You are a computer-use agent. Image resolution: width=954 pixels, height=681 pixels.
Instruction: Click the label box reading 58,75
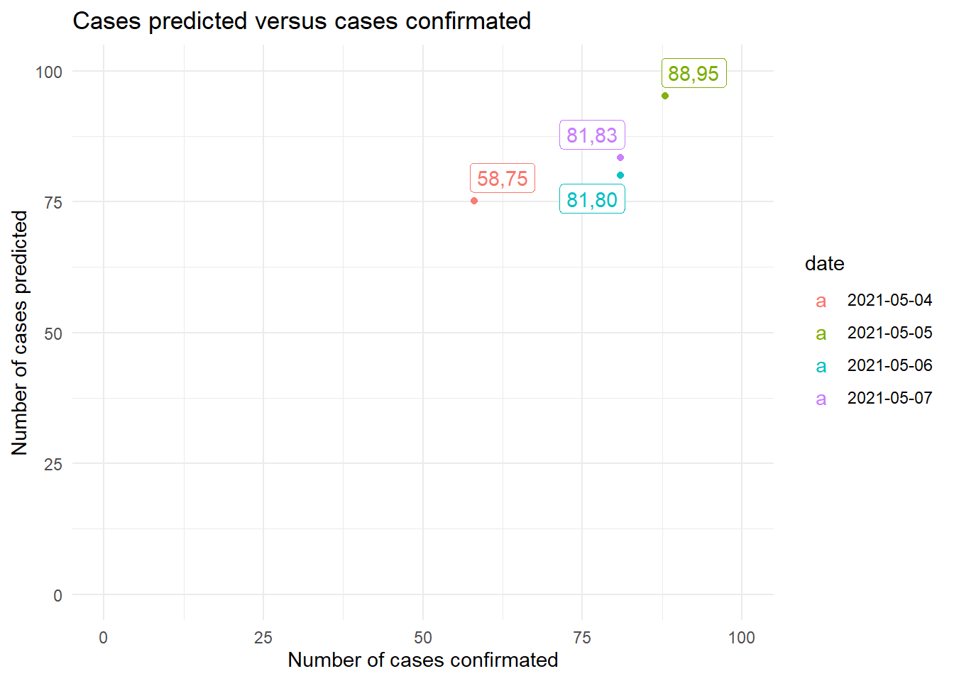click(503, 178)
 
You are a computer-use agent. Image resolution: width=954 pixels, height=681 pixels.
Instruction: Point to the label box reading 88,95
click(693, 73)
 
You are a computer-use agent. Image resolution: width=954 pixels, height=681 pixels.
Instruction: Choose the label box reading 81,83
click(592, 135)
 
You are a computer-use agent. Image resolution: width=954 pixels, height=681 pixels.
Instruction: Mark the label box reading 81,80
click(592, 199)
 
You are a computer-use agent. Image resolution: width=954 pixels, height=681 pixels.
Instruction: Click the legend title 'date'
click(824, 264)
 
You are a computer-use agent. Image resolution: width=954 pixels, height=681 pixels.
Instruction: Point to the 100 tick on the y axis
click(49, 72)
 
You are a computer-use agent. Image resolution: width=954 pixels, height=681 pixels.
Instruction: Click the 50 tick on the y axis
click(53, 333)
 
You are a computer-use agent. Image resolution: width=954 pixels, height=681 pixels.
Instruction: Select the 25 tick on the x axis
click(263, 638)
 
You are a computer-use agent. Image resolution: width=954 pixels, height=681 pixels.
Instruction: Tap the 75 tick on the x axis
click(582, 638)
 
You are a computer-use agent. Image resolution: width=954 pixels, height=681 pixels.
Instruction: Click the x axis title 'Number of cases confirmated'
click(423, 660)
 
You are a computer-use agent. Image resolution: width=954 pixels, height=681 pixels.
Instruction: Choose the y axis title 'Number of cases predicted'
click(20, 333)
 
